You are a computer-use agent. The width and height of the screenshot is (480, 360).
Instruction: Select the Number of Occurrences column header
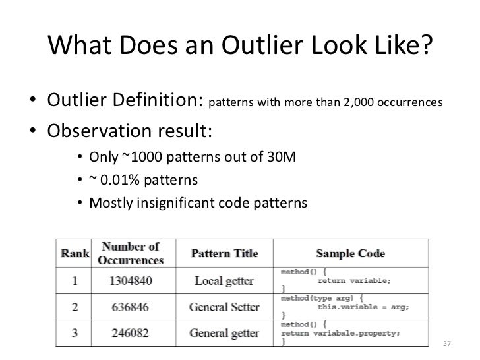pyautogui.click(x=130, y=254)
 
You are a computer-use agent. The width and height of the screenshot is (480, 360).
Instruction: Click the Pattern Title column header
pyautogui.click(x=224, y=254)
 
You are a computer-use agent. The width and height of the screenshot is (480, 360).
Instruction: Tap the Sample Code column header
pyautogui.click(x=351, y=254)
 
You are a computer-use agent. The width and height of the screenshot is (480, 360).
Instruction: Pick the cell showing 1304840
pyautogui.click(x=130, y=282)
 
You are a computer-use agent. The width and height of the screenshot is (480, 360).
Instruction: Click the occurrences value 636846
pyautogui.click(x=130, y=307)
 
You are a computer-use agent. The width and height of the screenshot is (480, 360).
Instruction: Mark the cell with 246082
pyautogui.click(x=130, y=332)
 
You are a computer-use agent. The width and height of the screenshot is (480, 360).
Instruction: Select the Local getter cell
pyautogui.click(x=224, y=282)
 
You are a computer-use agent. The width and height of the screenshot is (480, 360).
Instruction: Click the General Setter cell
pyautogui.click(x=224, y=307)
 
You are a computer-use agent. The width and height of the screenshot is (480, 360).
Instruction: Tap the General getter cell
pyautogui.click(x=224, y=332)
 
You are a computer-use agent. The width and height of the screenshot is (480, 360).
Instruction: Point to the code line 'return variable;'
pyautogui.click(x=354, y=280)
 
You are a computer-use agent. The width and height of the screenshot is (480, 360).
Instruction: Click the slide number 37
pyautogui.click(x=447, y=344)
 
